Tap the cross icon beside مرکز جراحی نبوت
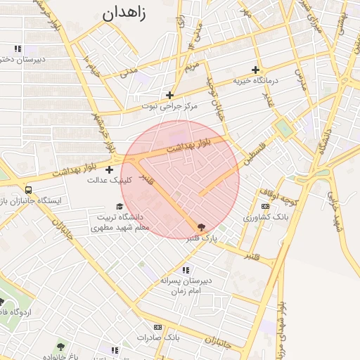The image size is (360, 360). point(169,95)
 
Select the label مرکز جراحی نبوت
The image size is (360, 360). point(170,106)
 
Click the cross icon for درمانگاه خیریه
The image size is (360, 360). point(255,70)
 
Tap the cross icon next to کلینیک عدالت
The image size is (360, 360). point(109,169)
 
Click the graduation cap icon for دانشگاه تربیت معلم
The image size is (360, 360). point(120,207)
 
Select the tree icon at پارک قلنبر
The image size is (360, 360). point(202,227)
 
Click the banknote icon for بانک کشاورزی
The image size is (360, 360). point(265,207)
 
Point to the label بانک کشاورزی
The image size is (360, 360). point(262,217)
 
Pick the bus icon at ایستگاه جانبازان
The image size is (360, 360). point(28,190)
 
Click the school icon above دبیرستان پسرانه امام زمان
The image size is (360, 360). point(186,270)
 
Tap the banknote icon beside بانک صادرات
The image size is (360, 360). point(157,327)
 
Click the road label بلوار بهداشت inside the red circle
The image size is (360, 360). point(189,146)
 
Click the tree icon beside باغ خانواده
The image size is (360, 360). point(61,347)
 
